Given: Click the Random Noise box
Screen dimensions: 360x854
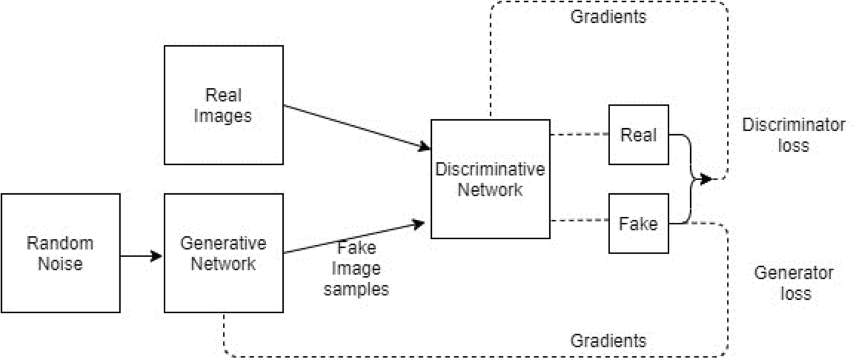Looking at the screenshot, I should click(60, 253).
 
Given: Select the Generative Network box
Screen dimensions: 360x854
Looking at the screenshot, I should click(223, 253).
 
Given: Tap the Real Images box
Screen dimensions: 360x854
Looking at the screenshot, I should click(223, 105).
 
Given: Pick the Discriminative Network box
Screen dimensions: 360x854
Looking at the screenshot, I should click(490, 179).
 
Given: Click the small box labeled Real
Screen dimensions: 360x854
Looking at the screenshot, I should click(638, 134).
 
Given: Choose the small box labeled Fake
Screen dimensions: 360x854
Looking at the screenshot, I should click(638, 223).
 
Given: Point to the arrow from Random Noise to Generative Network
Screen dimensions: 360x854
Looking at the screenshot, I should click(142, 256).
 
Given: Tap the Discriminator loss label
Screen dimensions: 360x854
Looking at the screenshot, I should click(793, 135).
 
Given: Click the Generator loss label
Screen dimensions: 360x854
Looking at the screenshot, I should click(793, 283).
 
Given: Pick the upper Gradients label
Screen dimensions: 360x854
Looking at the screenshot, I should click(608, 17).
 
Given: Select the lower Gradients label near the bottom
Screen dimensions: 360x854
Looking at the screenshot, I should click(608, 341).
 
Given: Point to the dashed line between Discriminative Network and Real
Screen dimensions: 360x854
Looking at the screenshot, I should click(579, 135).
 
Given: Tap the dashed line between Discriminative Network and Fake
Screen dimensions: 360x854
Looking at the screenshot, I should click(579, 221).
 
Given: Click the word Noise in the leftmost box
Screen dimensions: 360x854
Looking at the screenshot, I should click(60, 264).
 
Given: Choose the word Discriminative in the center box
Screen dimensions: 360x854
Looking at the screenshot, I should click(490, 169).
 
